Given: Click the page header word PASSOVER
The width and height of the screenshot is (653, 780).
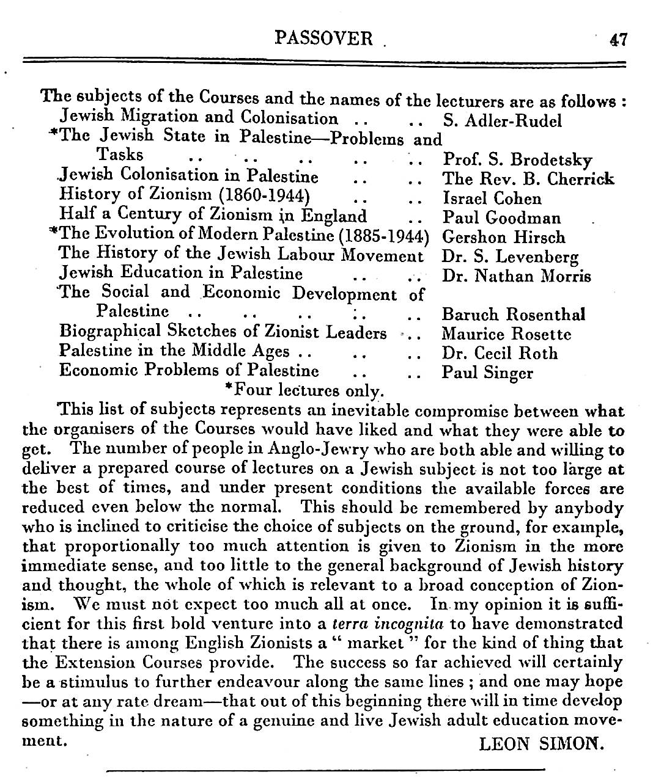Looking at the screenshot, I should click(x=323, y=38).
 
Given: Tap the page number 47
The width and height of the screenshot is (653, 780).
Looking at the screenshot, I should click(x=618, y=40).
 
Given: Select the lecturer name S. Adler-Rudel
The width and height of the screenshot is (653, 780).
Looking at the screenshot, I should click(x=501, y=121).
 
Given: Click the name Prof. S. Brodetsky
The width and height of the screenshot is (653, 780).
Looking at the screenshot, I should click(x=517, y=161).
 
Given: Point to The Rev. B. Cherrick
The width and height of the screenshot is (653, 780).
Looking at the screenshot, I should click(x=528, y=180).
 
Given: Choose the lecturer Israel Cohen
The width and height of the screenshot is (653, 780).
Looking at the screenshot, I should click(x=492, y=199).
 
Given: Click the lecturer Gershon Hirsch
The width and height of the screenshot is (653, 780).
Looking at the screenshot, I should click(x=503, y=238).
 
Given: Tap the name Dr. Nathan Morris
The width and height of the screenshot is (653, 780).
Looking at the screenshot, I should click(x=516, y=276).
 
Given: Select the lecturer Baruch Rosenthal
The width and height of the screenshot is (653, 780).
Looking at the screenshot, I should click(x=513, y=315).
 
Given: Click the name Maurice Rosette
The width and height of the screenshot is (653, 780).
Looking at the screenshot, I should click(x=506, y=334).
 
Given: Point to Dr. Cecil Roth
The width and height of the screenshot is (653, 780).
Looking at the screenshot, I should click(x=500, y=354).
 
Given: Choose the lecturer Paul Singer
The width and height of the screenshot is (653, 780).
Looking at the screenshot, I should click(x=487, y=373).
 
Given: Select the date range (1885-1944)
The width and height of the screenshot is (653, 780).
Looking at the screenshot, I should click(x=385, y=235).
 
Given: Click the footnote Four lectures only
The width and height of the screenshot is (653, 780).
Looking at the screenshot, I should click(x=304, y=389).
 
